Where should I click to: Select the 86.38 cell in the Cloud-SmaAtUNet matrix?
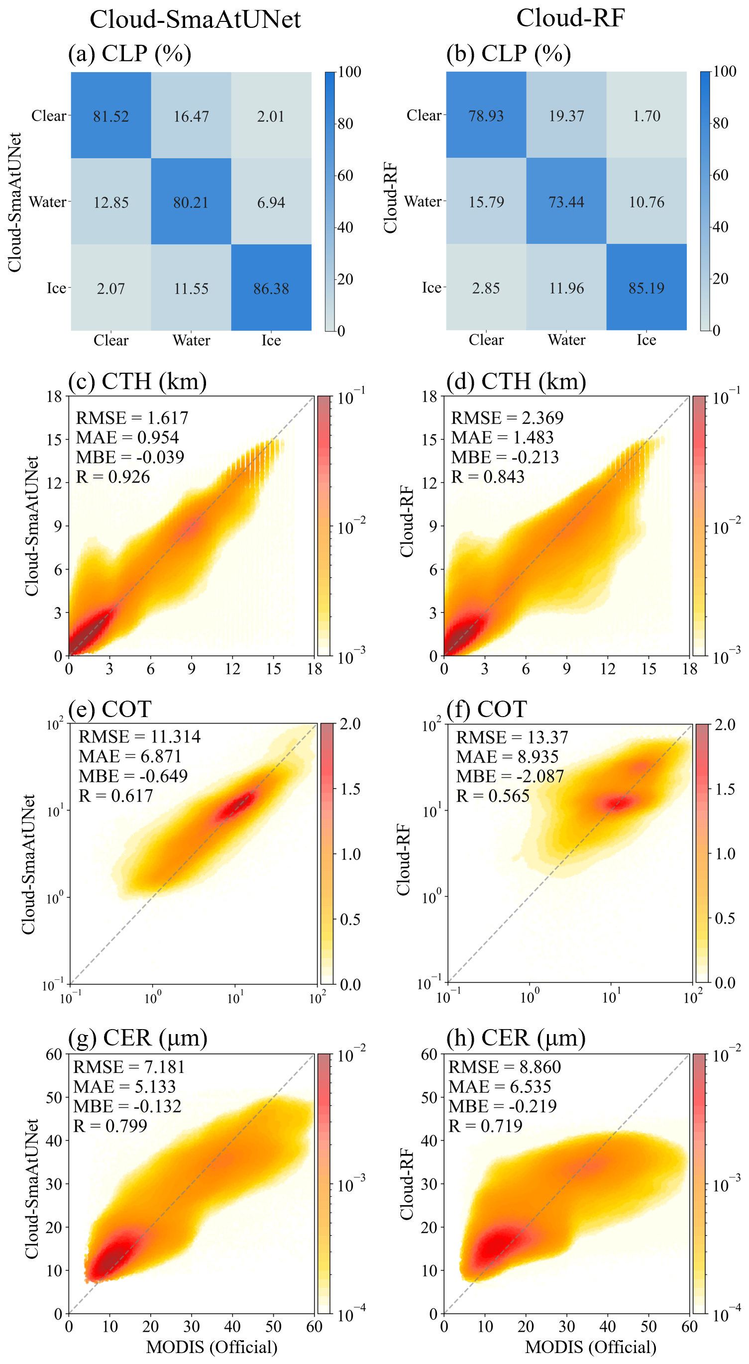pos(271,289)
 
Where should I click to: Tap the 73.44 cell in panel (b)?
pos(566,202)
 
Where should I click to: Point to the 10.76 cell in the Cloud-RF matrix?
pos(646,202)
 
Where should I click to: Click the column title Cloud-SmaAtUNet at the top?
pos(195,19)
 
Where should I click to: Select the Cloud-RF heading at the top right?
pos(570,18)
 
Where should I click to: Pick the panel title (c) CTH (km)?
pos(137,381)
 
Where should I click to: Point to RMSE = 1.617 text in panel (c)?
pos(132,418)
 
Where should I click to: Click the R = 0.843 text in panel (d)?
pos(487,477)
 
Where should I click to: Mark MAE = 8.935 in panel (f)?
pos(507,757)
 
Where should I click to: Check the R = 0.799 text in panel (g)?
pos(110,1126)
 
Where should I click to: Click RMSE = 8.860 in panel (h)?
pos(504,1067)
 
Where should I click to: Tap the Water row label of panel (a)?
pos(48,202)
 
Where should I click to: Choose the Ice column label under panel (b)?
pos(646,340)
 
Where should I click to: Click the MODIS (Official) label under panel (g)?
pos(212,1347)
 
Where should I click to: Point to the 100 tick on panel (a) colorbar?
pos(349,72)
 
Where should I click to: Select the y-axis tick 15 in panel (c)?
pos(54,439)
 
